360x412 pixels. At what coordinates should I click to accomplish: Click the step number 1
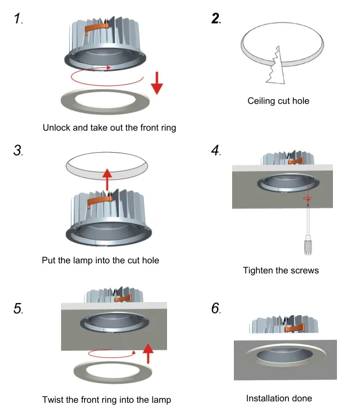pos(18,19)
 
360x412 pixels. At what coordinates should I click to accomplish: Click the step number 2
pos(215,18)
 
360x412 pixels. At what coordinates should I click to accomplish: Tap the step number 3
pos(17,151)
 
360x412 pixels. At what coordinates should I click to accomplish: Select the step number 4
pos(215,151)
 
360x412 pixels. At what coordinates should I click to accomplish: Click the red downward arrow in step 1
pos(157,85)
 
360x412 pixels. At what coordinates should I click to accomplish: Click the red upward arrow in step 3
pos(107,179)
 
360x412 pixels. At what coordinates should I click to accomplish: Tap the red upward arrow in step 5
pos(148,352)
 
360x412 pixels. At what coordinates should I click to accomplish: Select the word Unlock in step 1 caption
pos(57,127)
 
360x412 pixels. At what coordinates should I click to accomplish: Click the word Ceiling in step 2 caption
pos(263,101)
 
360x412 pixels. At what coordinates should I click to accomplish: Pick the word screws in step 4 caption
pos(305,270)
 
